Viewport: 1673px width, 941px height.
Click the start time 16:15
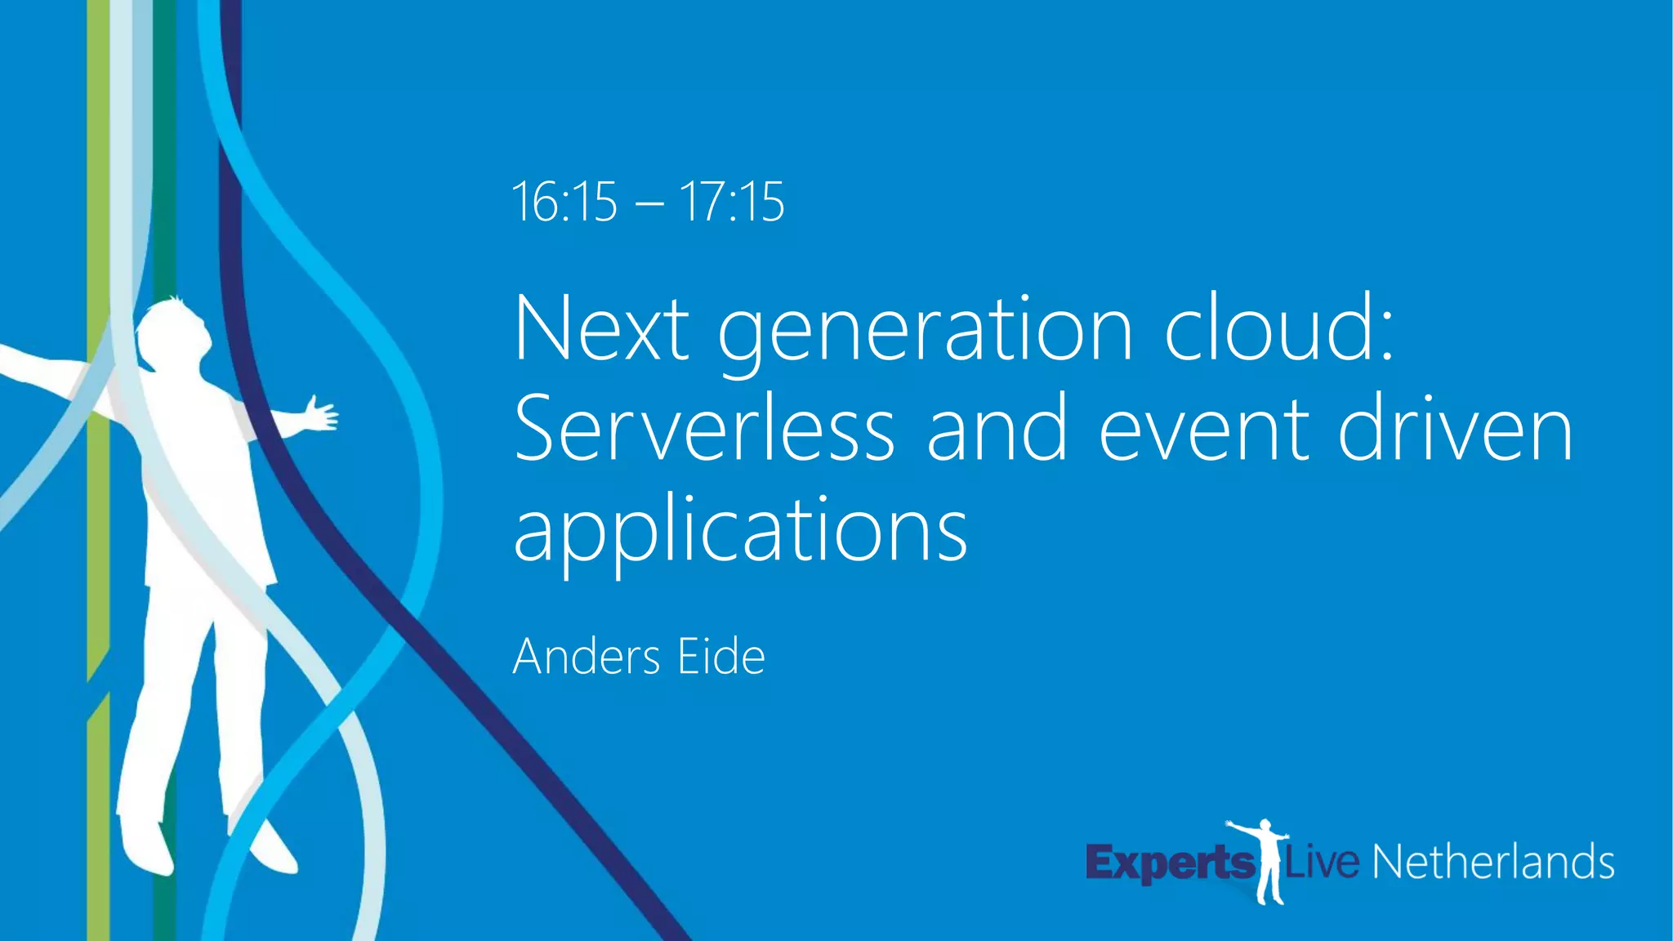[564, 202]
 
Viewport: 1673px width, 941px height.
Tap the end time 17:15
[732, 202]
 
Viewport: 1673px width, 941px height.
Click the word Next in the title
[601, 329]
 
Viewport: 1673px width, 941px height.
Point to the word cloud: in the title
[1279, 329]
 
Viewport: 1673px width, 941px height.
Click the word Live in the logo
[1323, 863]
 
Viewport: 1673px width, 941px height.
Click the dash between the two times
[649, 204]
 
